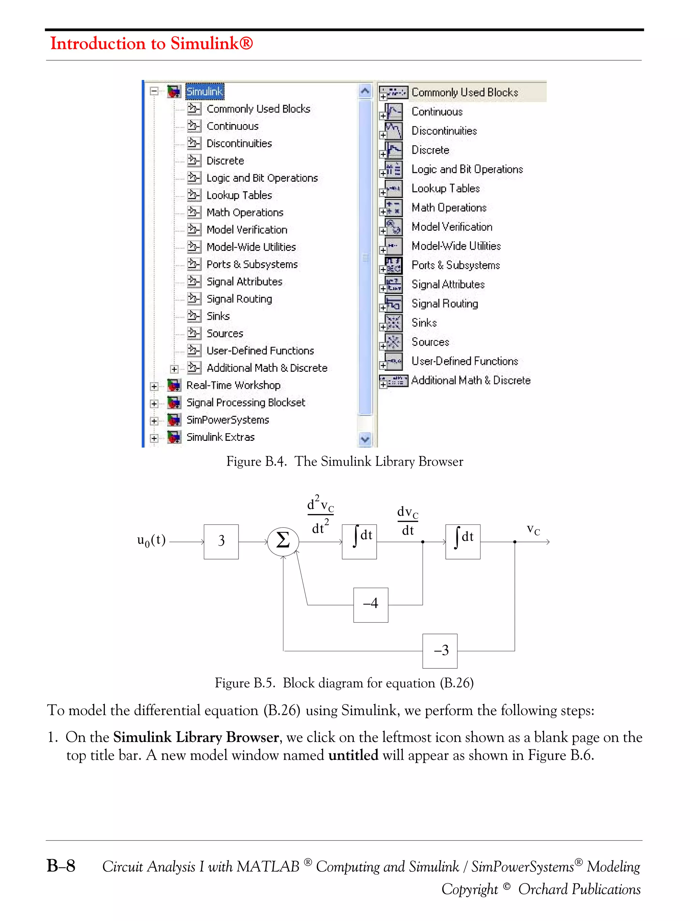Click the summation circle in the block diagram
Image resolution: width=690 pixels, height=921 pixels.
coord(283,541)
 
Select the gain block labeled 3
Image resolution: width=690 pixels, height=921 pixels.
coord(221,541)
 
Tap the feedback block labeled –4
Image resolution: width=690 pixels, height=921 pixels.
coord(371,605)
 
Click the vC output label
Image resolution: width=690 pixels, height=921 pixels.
coord(533,529)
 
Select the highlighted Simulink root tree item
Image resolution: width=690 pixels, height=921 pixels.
coord(204,92)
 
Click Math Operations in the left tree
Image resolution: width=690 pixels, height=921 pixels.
coord(245,212)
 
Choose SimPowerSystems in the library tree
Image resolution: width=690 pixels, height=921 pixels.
coord(227,420)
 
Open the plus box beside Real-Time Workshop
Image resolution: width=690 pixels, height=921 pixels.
coord(154,386)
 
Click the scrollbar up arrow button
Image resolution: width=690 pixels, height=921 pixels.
coord(365,91)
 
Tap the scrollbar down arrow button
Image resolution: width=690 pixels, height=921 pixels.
coord(365,439)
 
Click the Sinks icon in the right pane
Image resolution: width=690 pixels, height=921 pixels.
coord(393,323)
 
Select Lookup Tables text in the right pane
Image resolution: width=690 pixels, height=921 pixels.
coord(445,189)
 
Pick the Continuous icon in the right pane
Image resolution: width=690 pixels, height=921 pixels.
coord(393,112)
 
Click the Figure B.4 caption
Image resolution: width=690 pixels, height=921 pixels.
coord(344,461)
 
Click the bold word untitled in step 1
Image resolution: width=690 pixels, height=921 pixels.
coord(353,755)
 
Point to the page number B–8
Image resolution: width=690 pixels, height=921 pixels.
coord(61,866)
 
